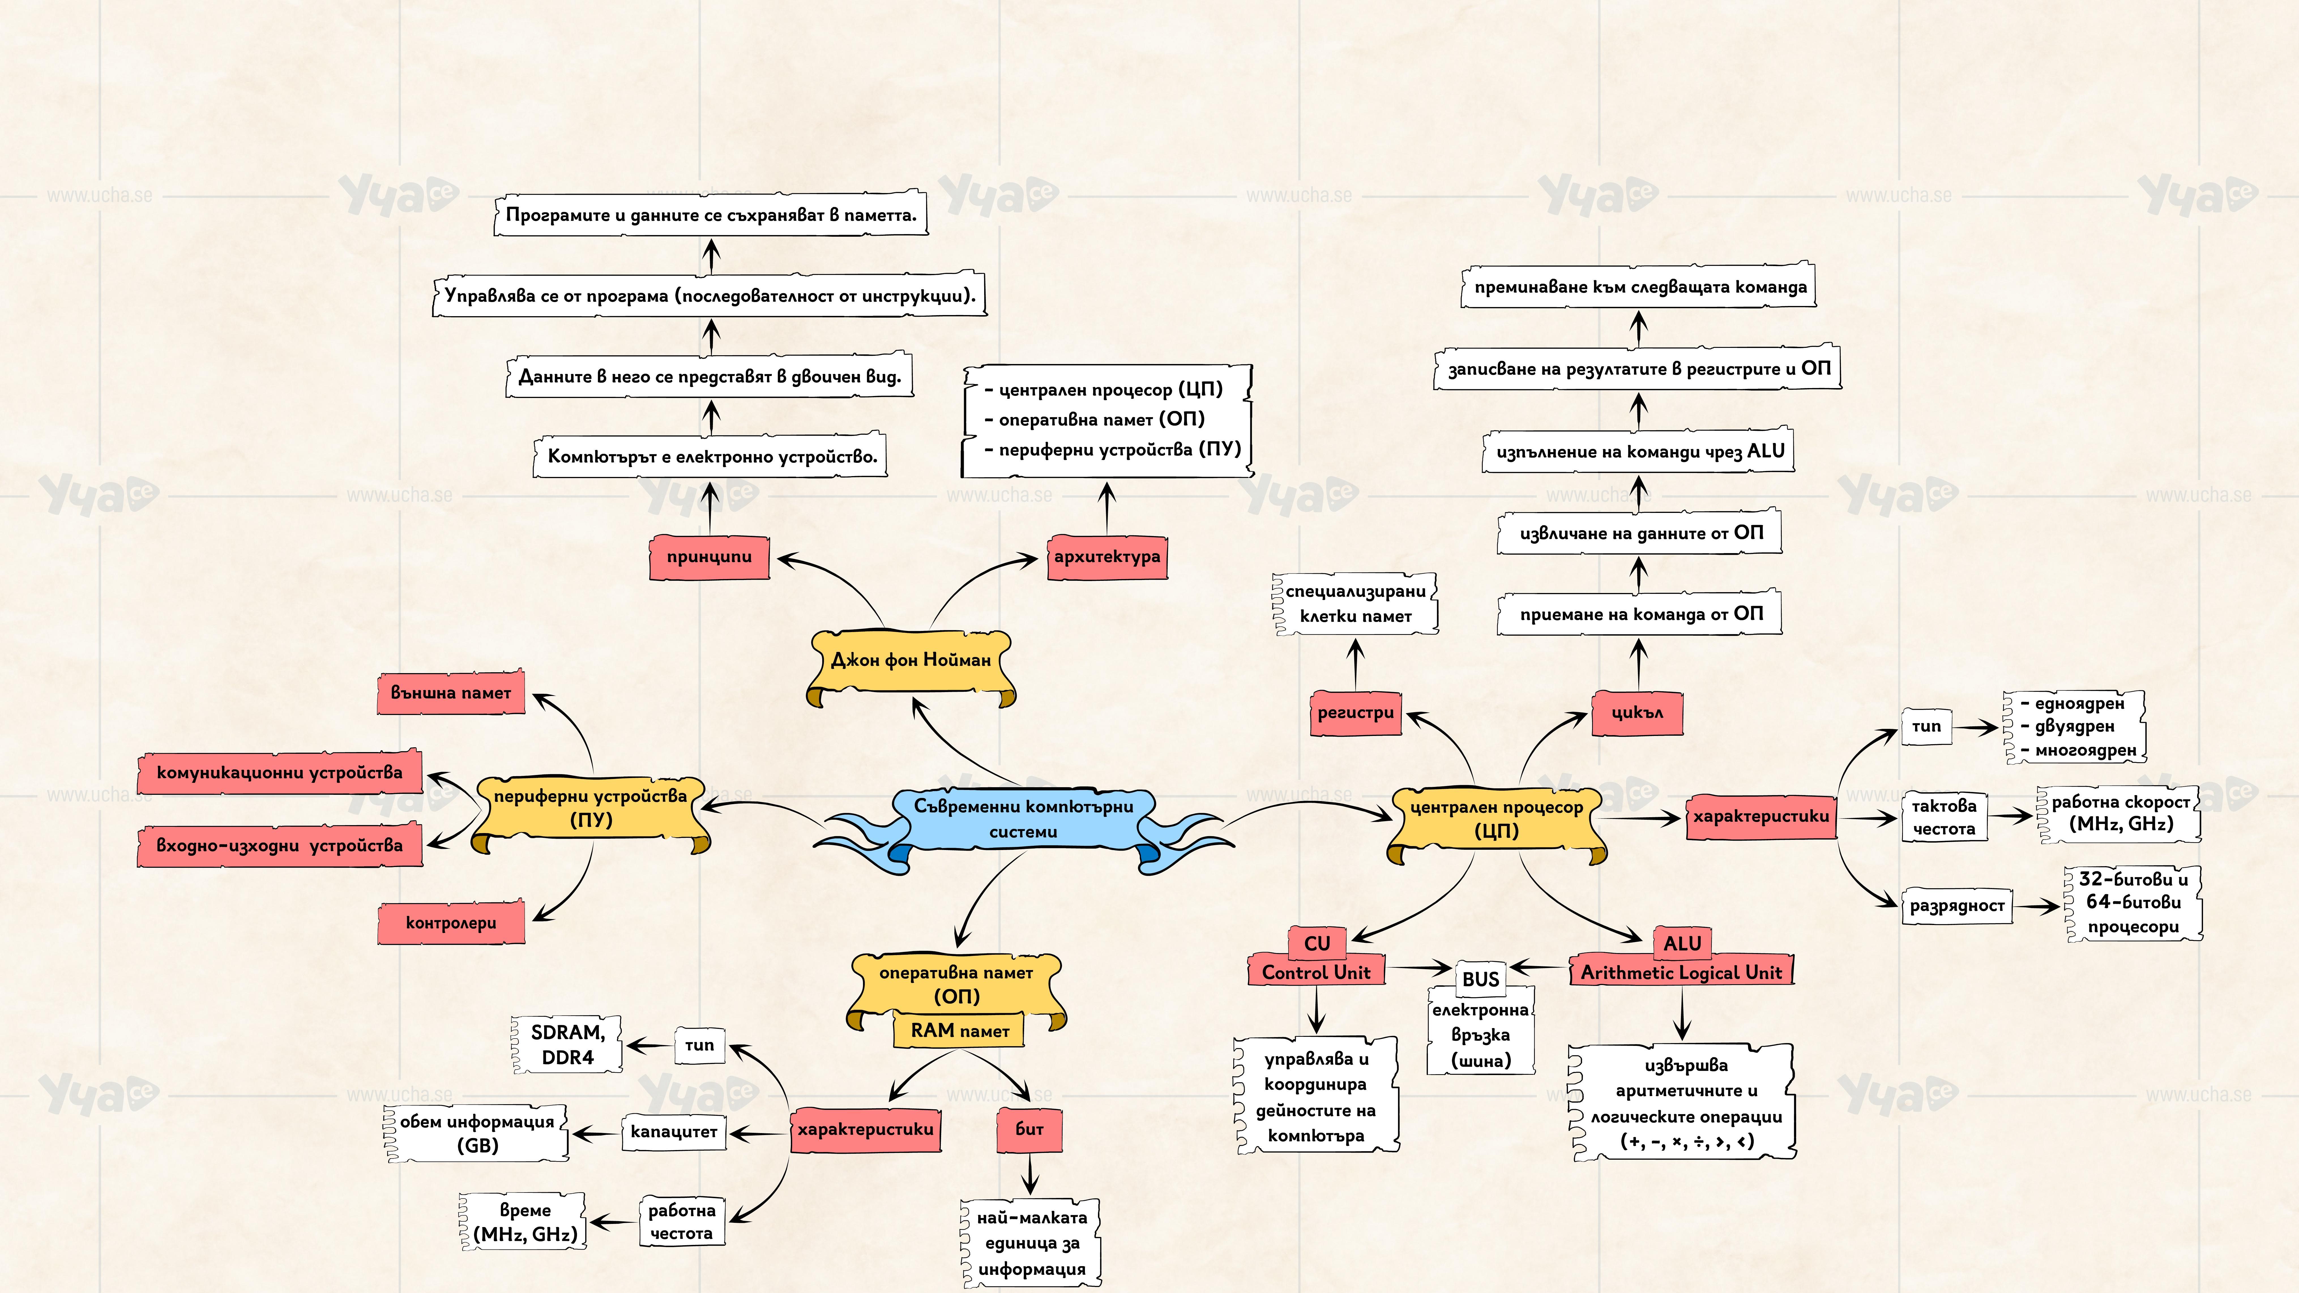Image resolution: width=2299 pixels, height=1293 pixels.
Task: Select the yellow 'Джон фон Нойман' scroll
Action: point(910,660)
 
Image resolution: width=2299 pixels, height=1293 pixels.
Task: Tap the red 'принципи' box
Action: point(710,557)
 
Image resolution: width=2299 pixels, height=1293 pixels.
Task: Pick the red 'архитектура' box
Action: point(1107,557)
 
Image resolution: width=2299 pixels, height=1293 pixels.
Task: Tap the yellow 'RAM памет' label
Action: point(960,1031)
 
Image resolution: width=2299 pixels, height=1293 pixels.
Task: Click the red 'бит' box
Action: point(1029,1129)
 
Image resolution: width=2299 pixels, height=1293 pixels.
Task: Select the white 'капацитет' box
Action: point(674,1131)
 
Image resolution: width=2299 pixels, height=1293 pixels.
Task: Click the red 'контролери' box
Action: point(451,923)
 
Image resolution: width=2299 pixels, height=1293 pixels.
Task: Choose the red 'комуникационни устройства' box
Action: point(279,773)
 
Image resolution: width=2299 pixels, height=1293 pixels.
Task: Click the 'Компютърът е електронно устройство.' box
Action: point(711,457)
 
